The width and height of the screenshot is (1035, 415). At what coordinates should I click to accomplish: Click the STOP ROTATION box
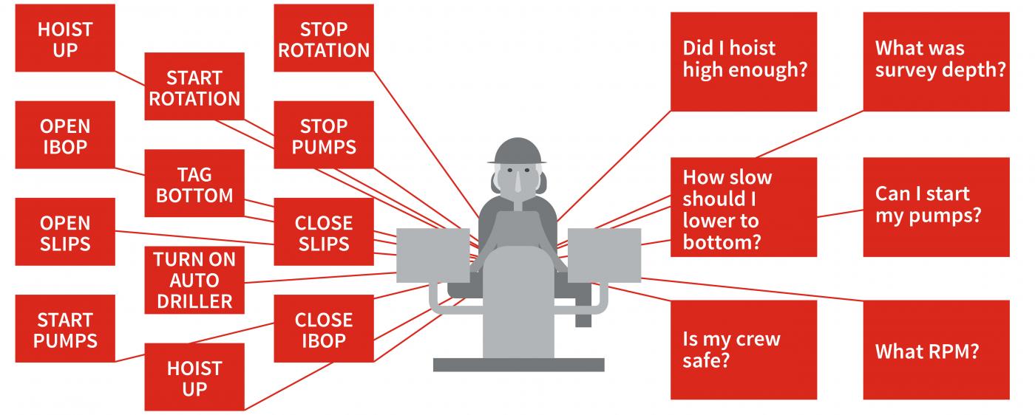pos(324,38)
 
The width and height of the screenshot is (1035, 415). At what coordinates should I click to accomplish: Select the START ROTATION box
pos(194,86)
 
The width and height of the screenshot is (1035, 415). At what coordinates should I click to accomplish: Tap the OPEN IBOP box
pos(65,135)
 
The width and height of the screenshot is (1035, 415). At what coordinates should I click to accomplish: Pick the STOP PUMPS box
pos(324,135)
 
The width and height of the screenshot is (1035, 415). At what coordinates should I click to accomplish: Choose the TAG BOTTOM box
pos(194,183)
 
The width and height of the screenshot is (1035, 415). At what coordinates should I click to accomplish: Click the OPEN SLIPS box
pos(65,232)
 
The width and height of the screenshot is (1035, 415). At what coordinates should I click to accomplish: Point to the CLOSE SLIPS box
pos(324,232)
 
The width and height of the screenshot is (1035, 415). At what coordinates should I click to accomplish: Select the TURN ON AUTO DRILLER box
pos(194,280)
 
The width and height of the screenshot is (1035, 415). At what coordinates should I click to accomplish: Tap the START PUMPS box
pos(65,329)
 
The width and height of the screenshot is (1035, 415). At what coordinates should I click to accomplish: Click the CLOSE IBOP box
pos(324,329)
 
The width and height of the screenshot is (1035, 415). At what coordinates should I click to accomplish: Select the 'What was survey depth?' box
pos(936,62)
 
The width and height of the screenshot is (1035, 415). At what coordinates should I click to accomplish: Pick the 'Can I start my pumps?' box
pos(936,207)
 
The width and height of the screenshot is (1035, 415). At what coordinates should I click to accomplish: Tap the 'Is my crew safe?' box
pos(744,350)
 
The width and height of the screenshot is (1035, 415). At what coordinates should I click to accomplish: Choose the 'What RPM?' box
pos(936,350)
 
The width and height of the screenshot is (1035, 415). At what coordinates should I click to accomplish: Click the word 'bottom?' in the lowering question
pos(722,242)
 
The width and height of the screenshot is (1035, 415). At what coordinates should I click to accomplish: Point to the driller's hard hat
pos(517,151)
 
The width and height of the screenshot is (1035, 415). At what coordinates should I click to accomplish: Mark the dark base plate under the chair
pos(518,365)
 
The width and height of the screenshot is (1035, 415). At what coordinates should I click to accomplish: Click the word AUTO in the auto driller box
pos(194,281)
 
